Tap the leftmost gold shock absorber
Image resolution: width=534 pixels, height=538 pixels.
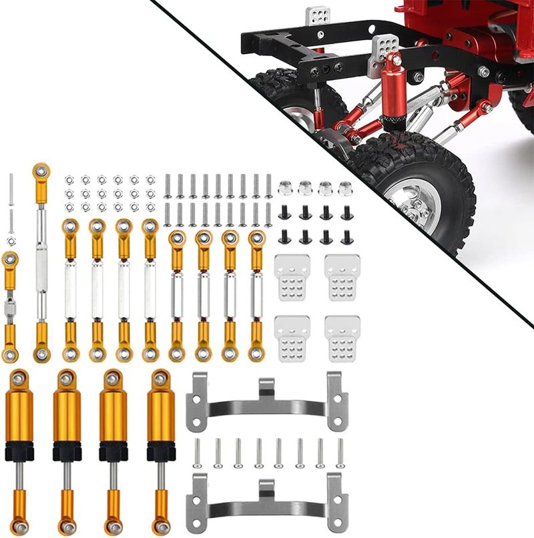point(19,447)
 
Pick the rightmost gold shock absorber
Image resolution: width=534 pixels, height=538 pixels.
point(160,447)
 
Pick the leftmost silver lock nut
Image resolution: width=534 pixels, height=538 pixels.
point(284,188)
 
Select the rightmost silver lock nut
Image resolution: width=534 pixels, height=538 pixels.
point(346,188)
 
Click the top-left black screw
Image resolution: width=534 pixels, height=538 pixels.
point(284,213)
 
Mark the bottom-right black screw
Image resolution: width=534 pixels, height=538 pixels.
point(346,237)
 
